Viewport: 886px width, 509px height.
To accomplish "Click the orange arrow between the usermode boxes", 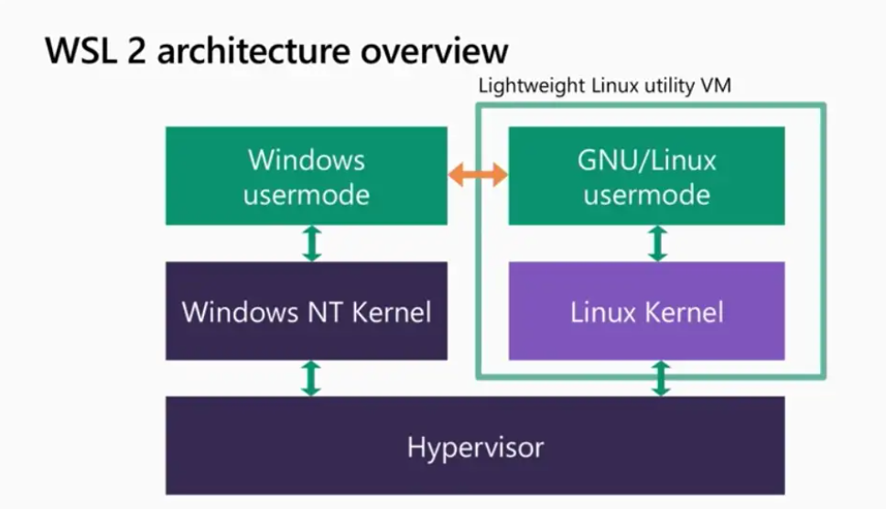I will point(478,175).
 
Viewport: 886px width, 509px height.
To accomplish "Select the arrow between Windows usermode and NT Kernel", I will point(311,244).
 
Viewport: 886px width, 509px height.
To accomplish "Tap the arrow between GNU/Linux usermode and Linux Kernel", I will point(657,244).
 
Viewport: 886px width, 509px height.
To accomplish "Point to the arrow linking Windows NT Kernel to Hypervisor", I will point(311,378).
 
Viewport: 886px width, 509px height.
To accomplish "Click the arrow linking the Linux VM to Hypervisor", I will point(659,378).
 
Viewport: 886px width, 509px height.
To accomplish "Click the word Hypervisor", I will point(475,448).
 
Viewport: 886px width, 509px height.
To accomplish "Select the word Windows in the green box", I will point(307,160).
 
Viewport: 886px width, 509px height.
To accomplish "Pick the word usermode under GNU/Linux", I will point(647,194).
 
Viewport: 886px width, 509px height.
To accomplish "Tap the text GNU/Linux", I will point(647,161).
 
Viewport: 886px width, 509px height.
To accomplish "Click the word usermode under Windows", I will point(307,194).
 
